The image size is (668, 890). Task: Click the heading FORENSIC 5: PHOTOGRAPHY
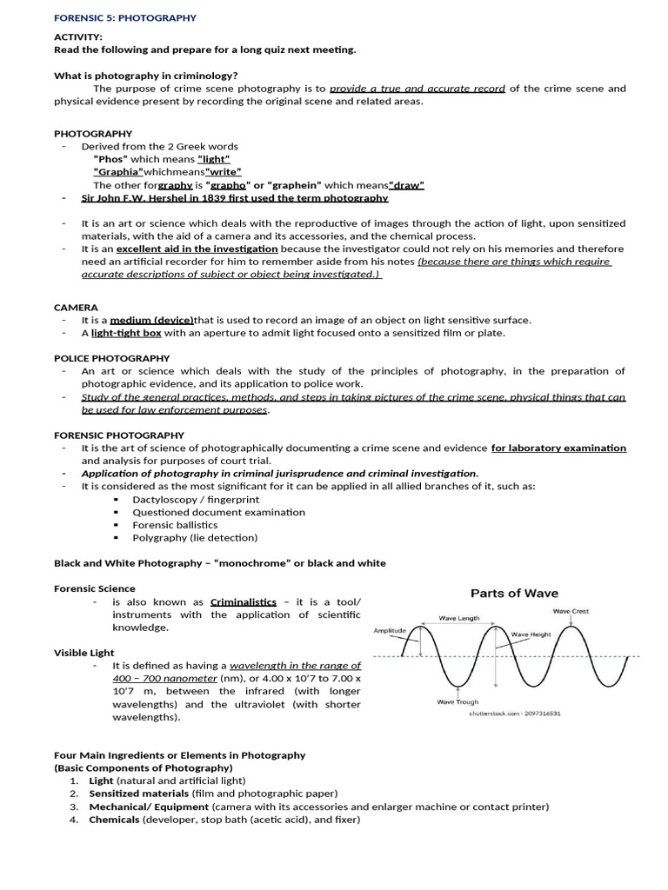[125, 17]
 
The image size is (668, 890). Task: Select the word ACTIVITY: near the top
[78, 37]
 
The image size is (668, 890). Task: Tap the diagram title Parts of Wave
[514, 593]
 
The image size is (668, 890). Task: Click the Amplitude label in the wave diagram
[391, 630]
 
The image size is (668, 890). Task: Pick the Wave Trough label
[457, 701]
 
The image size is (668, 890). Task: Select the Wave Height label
[531, 634]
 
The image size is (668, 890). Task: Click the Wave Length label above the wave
[459, 619]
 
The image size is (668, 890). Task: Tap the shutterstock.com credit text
[515, 713]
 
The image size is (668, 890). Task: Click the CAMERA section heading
[76, 308]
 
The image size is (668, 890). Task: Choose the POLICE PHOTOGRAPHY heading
[111, 358]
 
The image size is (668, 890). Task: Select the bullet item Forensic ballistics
[175, 525]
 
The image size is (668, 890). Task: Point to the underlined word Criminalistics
[244, 601]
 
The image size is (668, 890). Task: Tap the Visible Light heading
[84, 653]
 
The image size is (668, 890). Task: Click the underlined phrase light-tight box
[126, 333]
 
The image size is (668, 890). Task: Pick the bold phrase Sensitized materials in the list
[138, 794]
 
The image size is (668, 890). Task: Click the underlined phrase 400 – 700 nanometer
[164, 678]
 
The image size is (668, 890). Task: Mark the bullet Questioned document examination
[218, 512]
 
